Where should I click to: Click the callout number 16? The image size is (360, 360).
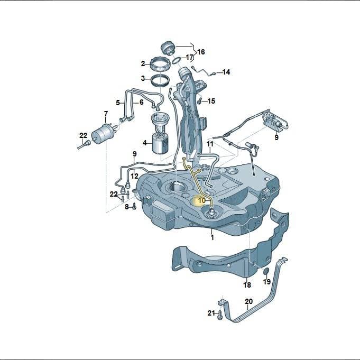coord(201,52)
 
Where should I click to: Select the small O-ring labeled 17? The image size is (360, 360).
coord(177,61)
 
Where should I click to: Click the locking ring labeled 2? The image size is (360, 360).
coord(160,64)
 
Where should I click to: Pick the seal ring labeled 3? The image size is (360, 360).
coord(160,81)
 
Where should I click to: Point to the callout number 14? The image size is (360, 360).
coord(226,72)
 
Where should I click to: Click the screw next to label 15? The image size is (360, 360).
coord(199,100)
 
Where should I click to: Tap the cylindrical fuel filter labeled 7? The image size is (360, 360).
coord(103,134)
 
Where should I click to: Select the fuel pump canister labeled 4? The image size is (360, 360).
coord(160,143)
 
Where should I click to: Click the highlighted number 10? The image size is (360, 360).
coord(201,201)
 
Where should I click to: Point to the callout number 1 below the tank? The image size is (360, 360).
coord(213,237)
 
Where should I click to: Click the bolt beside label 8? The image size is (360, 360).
coord(134,207)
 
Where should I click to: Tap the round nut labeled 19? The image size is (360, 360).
coord(266,271)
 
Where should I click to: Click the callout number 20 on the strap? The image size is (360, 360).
coord(248,301)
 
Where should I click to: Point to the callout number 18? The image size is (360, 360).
coord(247,285)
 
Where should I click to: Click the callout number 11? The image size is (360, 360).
coord(210,144)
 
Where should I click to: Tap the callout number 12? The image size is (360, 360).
coord(135,177)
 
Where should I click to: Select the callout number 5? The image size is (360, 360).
coord(118,103)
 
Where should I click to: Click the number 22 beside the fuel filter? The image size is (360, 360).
coord(84,135)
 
